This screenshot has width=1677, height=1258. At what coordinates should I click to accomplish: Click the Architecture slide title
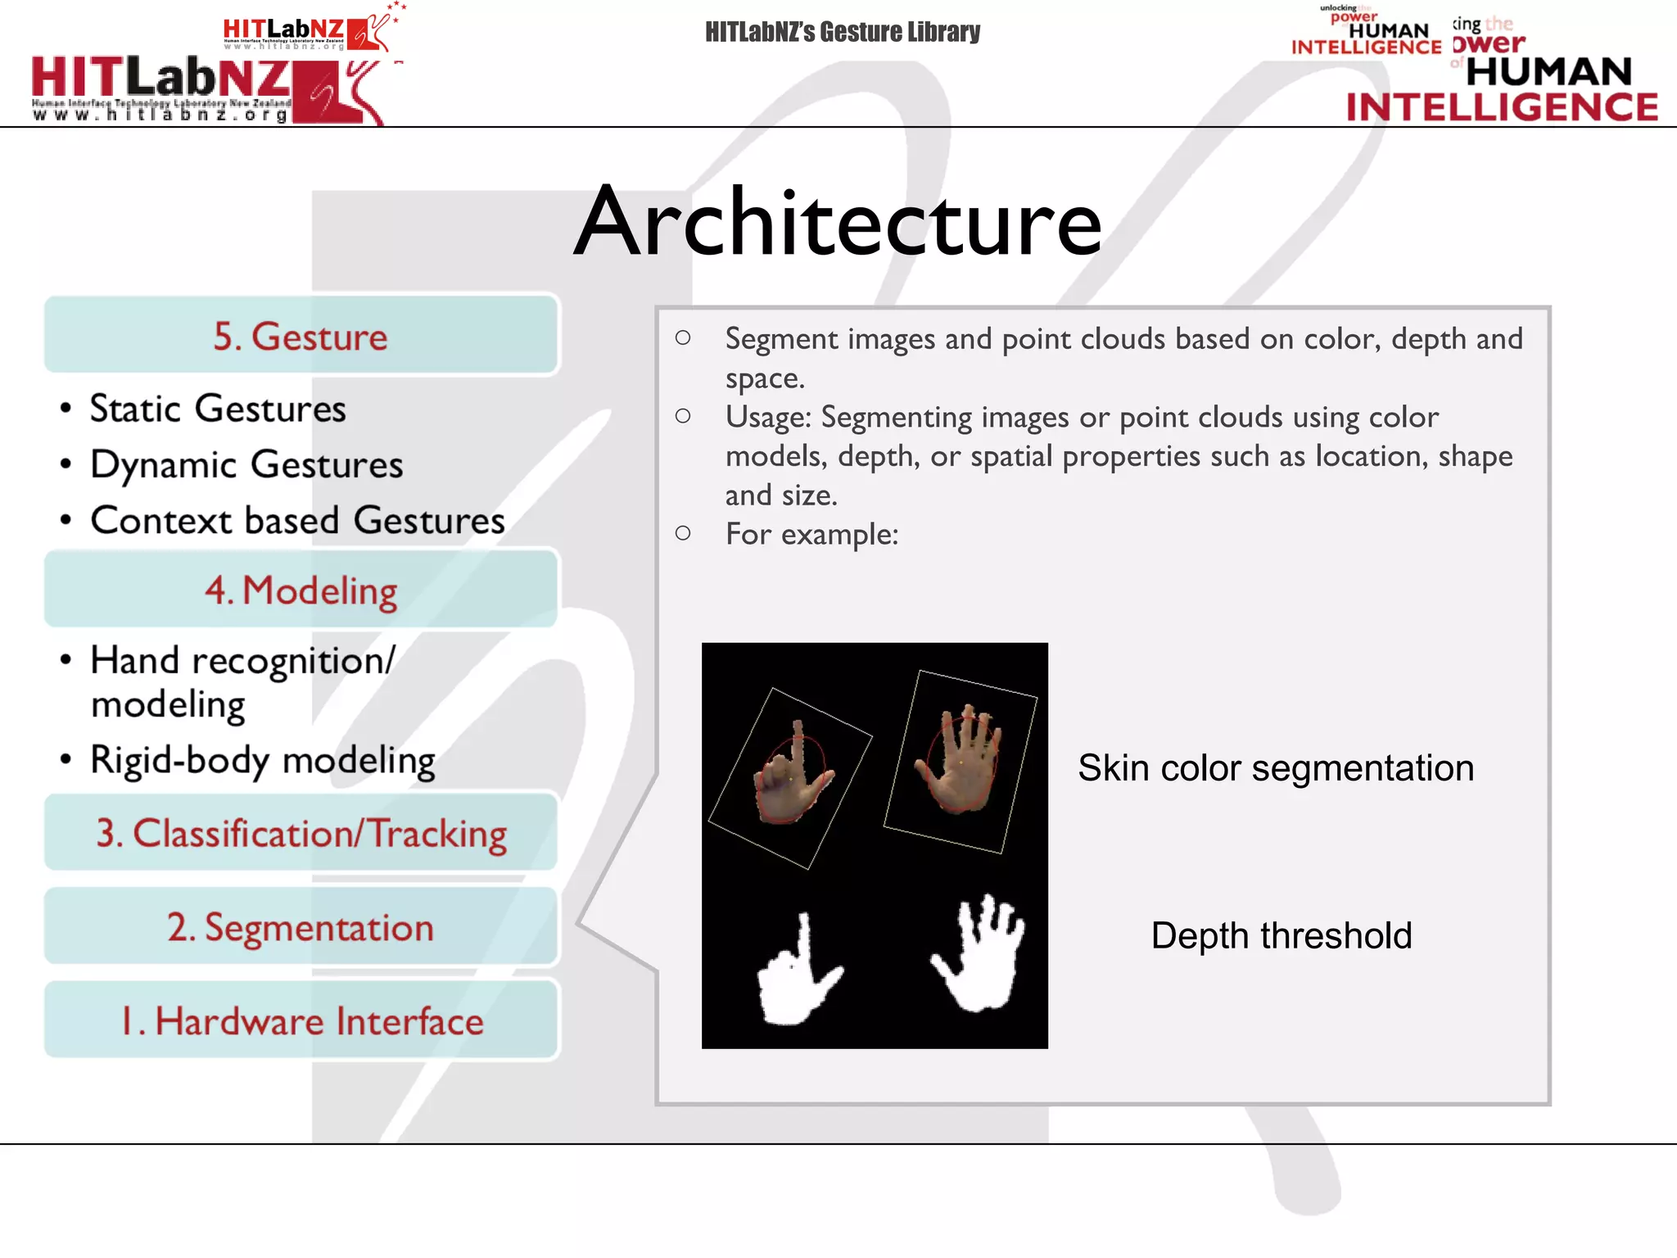pyautogui.click(x=838, y=222)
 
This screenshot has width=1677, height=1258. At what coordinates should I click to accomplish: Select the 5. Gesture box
pyautogui.click(x=301, y=336)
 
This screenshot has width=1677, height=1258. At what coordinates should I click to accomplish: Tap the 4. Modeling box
pyautogui.click(x=301, y=590)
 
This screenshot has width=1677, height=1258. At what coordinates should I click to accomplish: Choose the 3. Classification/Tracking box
pyautogui.click(x=301, y=833)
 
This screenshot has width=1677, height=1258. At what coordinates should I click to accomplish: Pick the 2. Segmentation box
pyautogui.click(x=301, y=927)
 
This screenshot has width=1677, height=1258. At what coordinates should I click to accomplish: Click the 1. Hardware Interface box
pyautogui.click(x=301, y=1020)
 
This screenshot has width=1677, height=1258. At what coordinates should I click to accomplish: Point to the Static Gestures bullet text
pyautogui.click(x=218, y=408)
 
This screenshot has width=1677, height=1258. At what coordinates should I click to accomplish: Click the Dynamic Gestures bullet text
pyautogui.click(x=246, y=464)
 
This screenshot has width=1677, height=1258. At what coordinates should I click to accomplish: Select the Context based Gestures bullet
pyautogui.click(x=297, y=520)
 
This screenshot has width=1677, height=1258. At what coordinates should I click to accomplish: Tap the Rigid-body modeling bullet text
pyautogui.click(x=262, y=760)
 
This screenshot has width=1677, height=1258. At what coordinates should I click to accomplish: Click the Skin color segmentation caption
pyautogui.click(x=1275, y=768)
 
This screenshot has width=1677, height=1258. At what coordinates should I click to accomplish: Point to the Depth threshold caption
pyautogui.click(x=1281, y=935)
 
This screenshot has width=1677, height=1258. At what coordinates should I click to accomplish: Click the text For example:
pyautogui.click(x=811, y=535)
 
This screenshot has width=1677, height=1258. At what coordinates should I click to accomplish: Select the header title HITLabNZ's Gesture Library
pyautogui.click(x=842, y=32)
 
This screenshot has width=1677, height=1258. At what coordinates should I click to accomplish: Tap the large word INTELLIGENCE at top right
pyautogui.click(x=1502, y=107)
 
